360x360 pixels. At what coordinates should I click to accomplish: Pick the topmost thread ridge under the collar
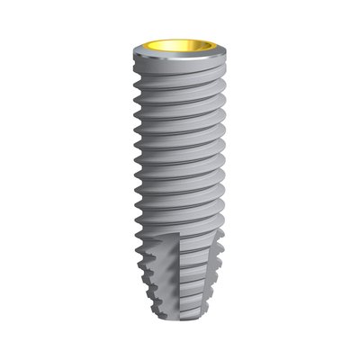[x=180, y=78]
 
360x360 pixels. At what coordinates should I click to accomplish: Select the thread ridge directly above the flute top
[x=175, y=225]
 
